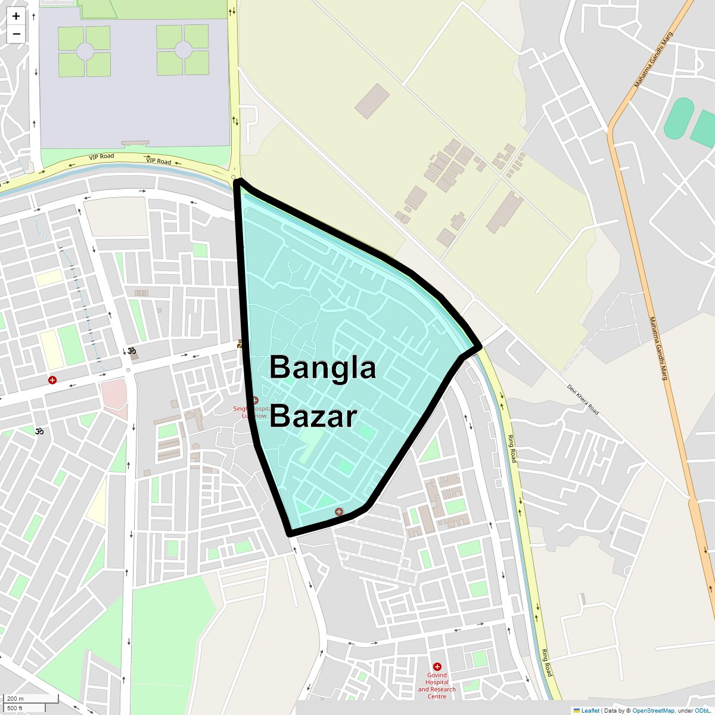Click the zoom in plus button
pos(16,16)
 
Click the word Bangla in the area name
pos(322,368)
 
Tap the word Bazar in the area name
pos(313,416)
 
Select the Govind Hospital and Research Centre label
pos(437,686)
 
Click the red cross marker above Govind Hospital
pos(437,667)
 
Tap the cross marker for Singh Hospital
pos(255,400)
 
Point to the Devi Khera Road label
pos(583,400)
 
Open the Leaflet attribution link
pos(590,710)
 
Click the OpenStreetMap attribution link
pos(653,710)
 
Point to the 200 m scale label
pos(15,699)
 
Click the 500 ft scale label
pos(15,708)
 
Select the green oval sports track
pos(679,119)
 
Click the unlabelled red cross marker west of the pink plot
pos(52,380)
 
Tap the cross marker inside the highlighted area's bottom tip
pos(339,512)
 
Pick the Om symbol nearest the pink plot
pos(132,351)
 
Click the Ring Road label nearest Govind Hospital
pos(546,662)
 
